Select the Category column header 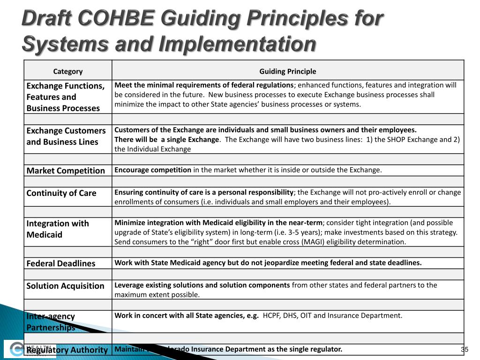point(68,71)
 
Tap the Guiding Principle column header point(288,71)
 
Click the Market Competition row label point(66,171)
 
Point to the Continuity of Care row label point(61,193)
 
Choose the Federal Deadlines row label point(61,263)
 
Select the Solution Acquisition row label point(66,286)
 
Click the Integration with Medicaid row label point(57,229)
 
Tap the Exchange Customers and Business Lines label point(66,136)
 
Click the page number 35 point(465,350)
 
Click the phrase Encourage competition point(153,170)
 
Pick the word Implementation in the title point(237,45)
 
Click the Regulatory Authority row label point(67,350)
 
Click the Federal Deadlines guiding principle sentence point(268,263)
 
